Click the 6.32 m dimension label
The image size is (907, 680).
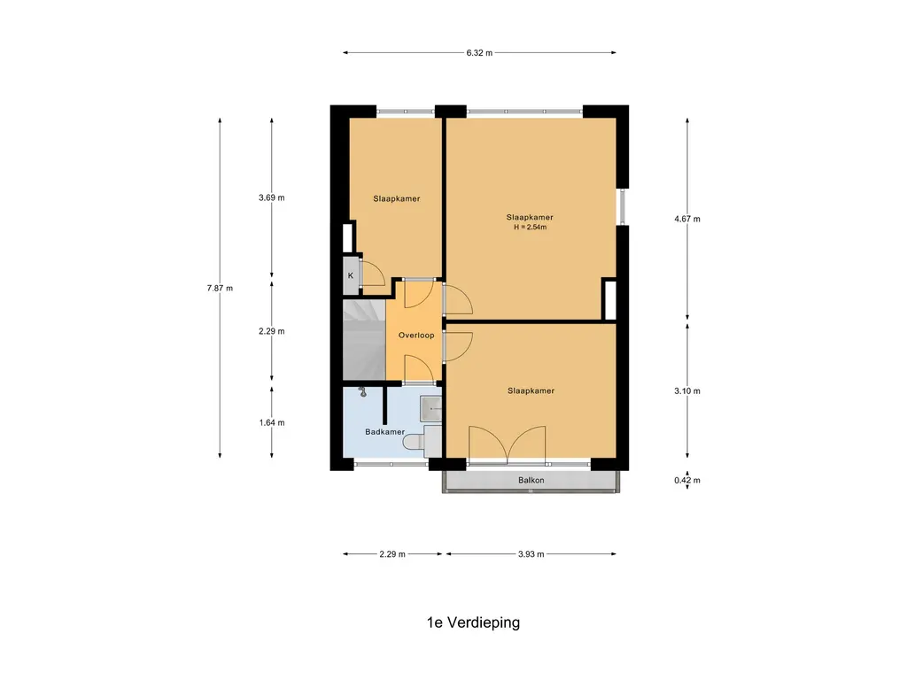click(x=479, y=52)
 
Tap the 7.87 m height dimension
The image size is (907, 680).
click(x=220, y=288)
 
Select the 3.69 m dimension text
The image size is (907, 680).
click(x=271, y=197)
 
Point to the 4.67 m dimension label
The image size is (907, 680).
click(x=687, y=219)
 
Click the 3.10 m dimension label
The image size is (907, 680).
click(x=687, y=390)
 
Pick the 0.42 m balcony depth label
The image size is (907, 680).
click(x=687, y=480)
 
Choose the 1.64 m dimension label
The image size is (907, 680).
click(x=271, y=422)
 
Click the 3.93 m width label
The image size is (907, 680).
click(x=531, y=554)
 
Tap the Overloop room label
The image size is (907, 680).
click(x=416, y=336)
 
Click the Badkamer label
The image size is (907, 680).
click(x=384, y=432)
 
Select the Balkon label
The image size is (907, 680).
click(x=531, y=480)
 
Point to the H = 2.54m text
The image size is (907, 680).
click(x=530, y=228)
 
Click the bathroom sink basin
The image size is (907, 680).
click(x=430, y=409)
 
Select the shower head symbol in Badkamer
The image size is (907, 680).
click(x=362, y=392)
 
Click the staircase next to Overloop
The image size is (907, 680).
click(x=364, y=339)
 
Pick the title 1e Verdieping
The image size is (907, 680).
click(x=473, y=622)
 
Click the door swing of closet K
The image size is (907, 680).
click(x=373, y=273)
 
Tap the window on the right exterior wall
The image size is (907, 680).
click(x=623, y=206)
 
